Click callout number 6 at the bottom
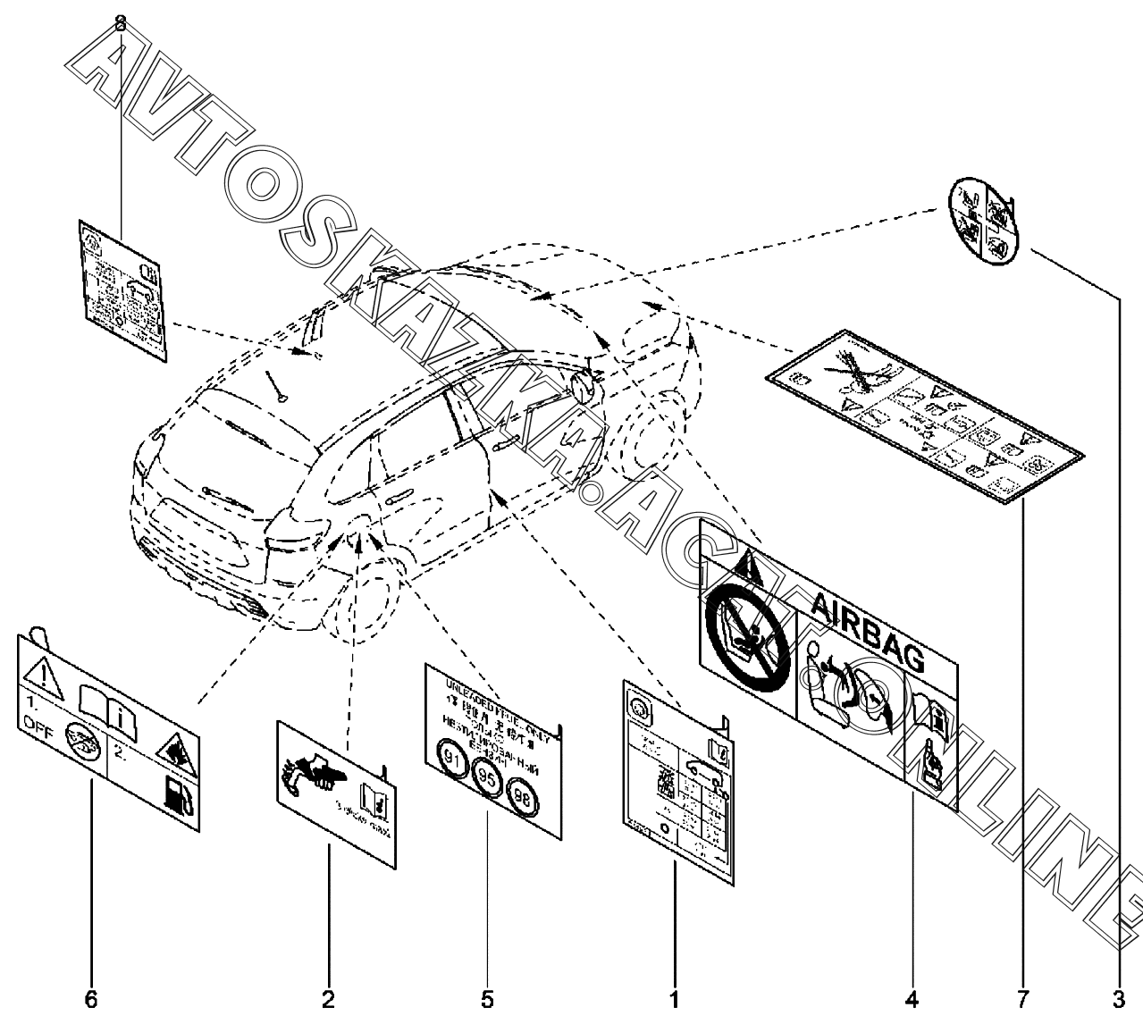coord(91,999)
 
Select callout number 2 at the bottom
coord(329,999)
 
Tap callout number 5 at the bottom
coord(487,999)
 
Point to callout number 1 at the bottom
coord(675,999)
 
